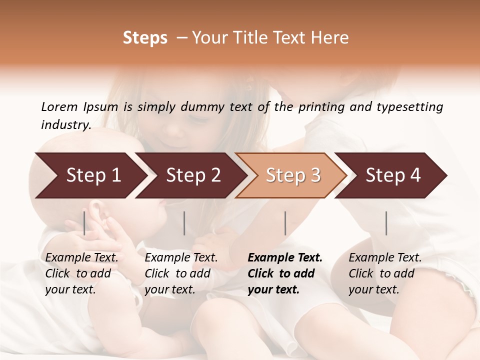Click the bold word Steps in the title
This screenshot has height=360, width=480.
tap(145, 38)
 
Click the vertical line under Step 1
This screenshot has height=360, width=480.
tap(84, 223)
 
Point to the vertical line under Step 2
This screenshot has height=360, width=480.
tap(184, 223)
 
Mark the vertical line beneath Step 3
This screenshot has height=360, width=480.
tap(285, 223)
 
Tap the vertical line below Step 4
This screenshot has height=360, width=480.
tap(386, 223)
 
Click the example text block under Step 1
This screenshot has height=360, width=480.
tap(81, 273)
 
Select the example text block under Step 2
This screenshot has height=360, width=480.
tap(181, 273)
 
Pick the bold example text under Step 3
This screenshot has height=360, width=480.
tap(285, 273)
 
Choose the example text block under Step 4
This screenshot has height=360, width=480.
tap(385, 273)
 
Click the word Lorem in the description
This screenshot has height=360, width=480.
tap(59, 107)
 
